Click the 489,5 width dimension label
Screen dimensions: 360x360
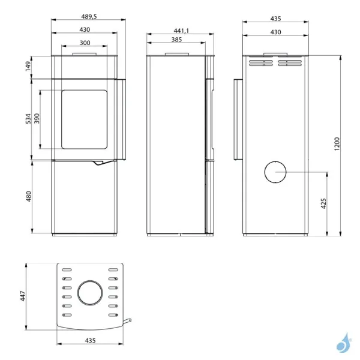coord(89,17)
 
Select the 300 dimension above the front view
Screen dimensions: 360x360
coord(85,43)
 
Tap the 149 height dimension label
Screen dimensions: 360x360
coord(28,67)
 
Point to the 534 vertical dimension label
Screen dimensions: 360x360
coord(28,118)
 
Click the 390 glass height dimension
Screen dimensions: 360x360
coord(37,118)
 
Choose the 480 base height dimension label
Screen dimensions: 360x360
coord(28,196)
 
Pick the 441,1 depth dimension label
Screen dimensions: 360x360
coord(181,31)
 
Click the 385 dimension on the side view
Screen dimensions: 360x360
coord(176,40)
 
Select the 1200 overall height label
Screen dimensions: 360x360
coord(337,144)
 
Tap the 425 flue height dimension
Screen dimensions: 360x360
coord(323,203)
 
